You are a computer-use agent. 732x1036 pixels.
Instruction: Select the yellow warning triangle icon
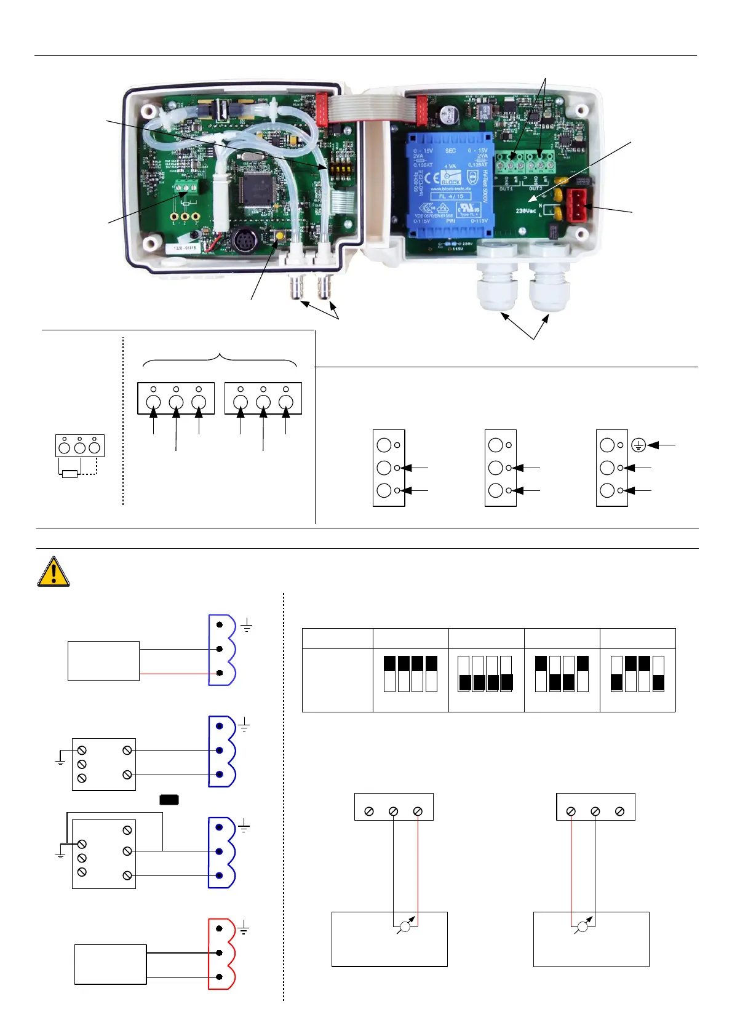point(54,572)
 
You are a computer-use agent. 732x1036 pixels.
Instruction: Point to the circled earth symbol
point(639,445)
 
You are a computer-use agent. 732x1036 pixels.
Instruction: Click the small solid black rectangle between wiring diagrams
point(169,800)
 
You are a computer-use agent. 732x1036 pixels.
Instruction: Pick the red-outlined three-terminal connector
point(221,954)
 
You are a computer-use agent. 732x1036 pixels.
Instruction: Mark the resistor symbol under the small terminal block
point(70,474)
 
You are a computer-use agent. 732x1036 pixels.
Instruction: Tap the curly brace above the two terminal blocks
point(220,358)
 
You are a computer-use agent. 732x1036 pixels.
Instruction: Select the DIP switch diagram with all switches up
point(410,674)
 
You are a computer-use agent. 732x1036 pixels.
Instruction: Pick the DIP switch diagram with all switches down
point(485,674)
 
